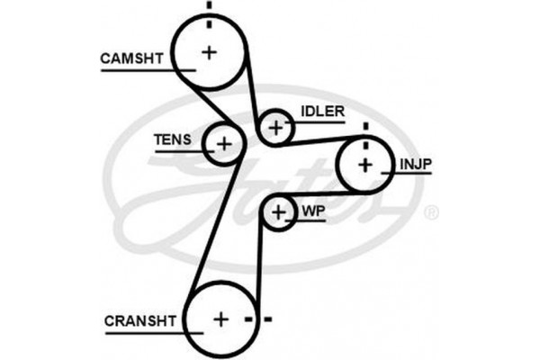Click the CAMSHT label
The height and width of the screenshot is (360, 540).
coord(131,58)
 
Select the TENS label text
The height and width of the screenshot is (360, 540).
coord(172,139)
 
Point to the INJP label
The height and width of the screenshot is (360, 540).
coord(415,164)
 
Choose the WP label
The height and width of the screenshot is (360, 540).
coord(312,211)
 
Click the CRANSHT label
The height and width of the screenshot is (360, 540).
coord(139,320)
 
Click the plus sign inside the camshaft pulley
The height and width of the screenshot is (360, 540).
coord(210,52)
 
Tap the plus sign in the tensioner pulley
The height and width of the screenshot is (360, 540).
coord(223,142)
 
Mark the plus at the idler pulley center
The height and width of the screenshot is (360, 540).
coord(276,128)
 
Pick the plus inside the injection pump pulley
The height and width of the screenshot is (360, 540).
coord(364,164)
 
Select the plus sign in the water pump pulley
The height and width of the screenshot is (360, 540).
coord(279,212)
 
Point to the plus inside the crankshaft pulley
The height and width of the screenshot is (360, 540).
coord(220,319)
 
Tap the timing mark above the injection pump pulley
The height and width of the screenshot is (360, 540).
coord(365,126)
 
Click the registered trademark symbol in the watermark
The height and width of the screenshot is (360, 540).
coord(431,212)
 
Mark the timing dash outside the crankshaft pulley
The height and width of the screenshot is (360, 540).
coord(267,319)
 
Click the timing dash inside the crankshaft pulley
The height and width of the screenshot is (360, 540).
coord(247,319)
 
